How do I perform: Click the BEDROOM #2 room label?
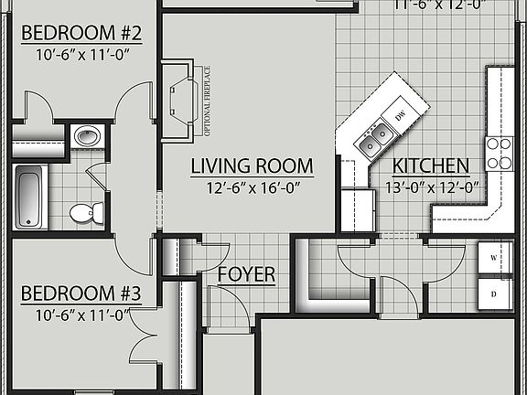tap(81, 34)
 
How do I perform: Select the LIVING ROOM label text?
tap(252, 166)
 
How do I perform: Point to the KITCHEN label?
tap(431, 166)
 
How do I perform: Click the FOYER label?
tap(246, 275)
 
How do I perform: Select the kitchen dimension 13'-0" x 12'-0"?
tap(431, 187)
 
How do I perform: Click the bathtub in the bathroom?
tap(30, 196)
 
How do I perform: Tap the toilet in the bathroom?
tap(81, 213)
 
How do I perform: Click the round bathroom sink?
tap(87, 137)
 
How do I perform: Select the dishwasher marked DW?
tap(400, 116)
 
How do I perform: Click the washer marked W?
tap(494, 258)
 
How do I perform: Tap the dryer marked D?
tap(494, 294)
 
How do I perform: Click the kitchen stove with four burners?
tap(500, 154)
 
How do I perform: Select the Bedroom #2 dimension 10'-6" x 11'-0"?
tap(81, 54)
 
